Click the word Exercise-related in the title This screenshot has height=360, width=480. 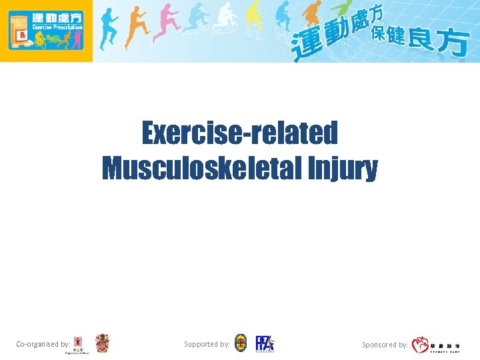(239, 133)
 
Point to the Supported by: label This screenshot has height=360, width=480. (207, 345)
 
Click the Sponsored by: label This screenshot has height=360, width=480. (385, 345)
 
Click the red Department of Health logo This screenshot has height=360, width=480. (79, 345)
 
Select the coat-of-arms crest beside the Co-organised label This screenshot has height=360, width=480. (102, 343)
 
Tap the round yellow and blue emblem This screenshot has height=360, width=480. (241, 343)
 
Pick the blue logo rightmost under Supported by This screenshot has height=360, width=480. (265, 343)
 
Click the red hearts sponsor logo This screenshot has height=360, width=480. (421, 345)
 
